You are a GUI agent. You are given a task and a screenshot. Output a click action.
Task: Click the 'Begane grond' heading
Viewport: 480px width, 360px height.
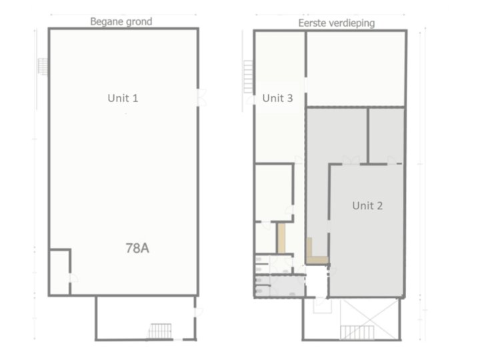pos(121,21)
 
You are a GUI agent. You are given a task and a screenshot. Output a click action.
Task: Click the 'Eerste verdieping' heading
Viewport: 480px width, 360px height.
pos(336,23)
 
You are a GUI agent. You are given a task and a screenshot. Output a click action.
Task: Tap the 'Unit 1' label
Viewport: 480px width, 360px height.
pos(123,98)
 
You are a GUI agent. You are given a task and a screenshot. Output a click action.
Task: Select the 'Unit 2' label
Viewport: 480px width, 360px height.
pos(367,205)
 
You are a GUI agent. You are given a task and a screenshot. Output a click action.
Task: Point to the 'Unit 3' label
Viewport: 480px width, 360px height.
pos(277,98)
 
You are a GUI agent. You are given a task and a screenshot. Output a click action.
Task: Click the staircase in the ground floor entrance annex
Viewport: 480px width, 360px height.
pos(160,331)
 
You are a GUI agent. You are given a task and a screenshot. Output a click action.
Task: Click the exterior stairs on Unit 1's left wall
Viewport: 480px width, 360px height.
pos(43,65)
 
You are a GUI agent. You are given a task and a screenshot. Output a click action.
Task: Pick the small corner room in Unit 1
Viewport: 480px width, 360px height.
pos(59,272)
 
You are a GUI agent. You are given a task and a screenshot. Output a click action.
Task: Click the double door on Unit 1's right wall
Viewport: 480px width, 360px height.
pos(199,97)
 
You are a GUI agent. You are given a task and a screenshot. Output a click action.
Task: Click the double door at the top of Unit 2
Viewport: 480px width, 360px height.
pos(351,159)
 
